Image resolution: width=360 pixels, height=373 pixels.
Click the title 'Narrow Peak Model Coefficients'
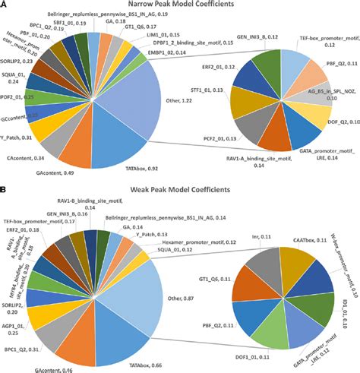click(x=179, y=8)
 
